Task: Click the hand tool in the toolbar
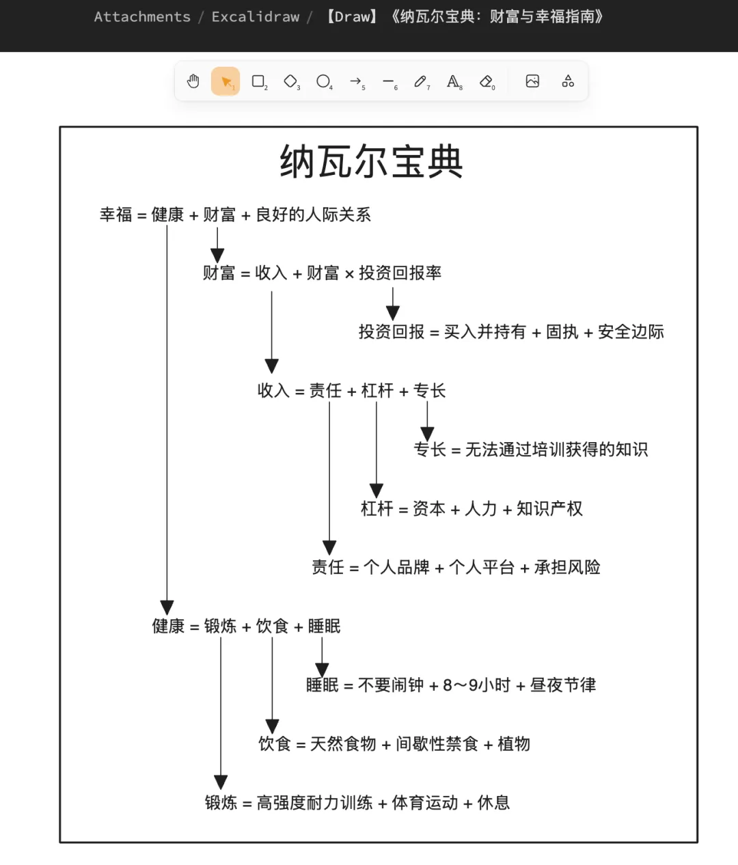193,82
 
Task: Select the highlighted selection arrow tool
225,82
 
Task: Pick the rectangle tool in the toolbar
258,82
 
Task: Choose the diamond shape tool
291,82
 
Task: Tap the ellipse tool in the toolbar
323,82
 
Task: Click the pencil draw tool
420,82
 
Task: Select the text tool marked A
453,82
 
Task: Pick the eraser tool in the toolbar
486,82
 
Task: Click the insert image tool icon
532,82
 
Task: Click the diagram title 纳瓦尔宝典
372,162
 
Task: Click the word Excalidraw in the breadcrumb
256,17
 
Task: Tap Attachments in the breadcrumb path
142,17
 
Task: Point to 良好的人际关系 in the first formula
313,215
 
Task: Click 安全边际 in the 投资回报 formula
631,332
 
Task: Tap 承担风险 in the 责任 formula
567,567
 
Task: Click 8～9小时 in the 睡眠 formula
476,685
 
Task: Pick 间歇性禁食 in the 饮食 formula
437,743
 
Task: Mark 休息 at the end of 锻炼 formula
493,802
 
